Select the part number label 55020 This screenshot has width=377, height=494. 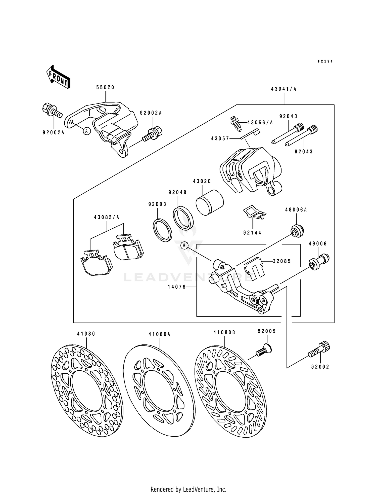tap(105, 87)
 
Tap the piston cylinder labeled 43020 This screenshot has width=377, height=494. tap(209, 202)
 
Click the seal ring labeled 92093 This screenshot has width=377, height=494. tap(163, 230)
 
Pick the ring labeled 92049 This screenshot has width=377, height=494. tap(183, 218)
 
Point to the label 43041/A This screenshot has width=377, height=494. tap(284, 89)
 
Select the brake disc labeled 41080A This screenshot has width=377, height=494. tap(159, 388)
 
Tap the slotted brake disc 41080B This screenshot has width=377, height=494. tap(230, 388)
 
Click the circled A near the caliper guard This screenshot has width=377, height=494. tap(87, 131)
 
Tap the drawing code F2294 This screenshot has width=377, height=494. tap(325, 61)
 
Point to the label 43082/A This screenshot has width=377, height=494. tap(107, 217)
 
